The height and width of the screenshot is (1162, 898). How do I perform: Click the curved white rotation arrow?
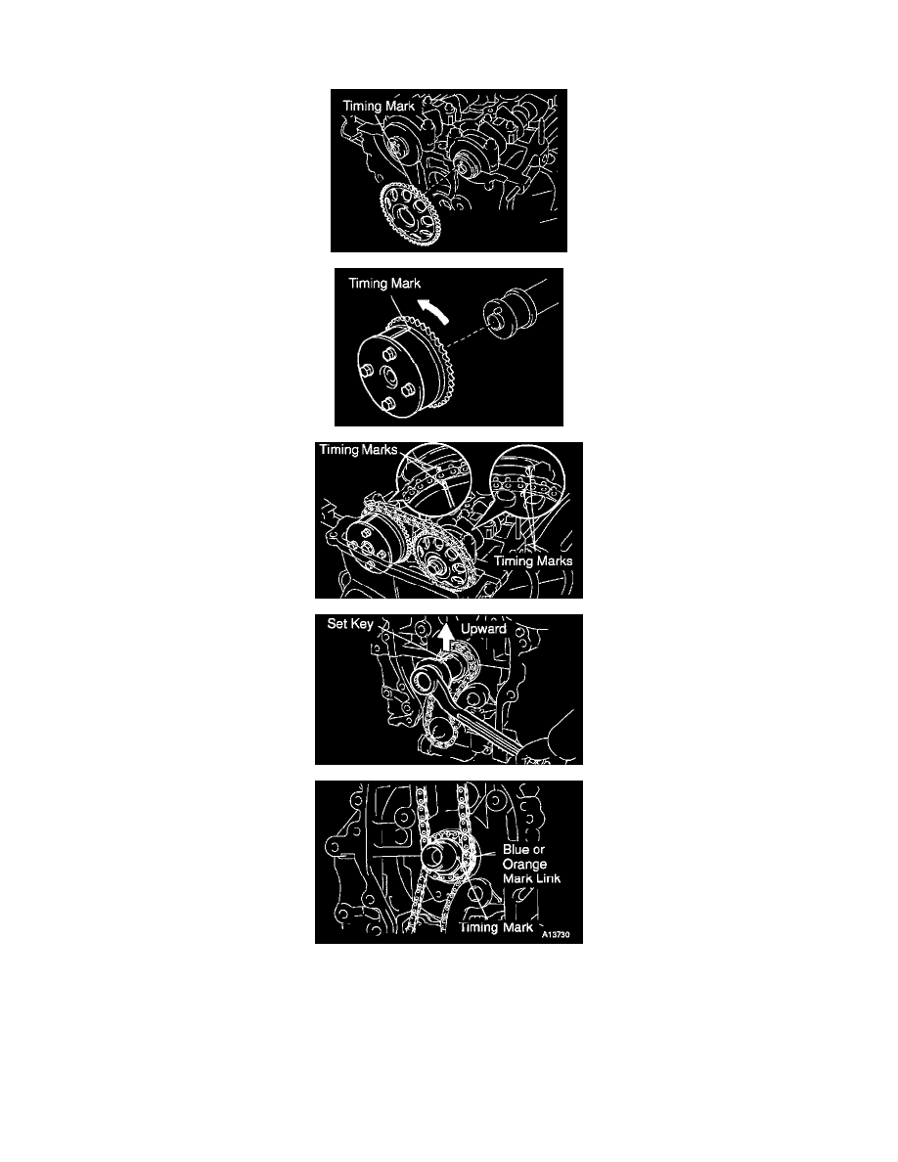tap(435, 310)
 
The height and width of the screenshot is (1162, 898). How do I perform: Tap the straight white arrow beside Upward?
tap(444, 637)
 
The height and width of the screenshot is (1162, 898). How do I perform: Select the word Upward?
tap(484, 629)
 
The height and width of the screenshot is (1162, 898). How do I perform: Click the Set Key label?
tap(350, 624)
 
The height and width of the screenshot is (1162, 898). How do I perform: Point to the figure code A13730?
tap(556, 934)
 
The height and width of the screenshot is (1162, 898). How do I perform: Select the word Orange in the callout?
tap(524, 865)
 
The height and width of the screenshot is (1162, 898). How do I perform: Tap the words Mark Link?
tap(532, 879)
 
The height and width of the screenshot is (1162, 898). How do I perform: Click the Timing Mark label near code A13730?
tap(496, 928)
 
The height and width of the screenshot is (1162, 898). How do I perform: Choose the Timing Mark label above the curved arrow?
tap(384, 283)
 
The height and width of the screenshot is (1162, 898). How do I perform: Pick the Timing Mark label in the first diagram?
tap(379, 106)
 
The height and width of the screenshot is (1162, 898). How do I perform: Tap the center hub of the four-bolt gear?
tap(388, 378)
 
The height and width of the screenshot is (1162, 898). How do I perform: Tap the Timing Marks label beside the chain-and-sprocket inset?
tap(533, 561)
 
